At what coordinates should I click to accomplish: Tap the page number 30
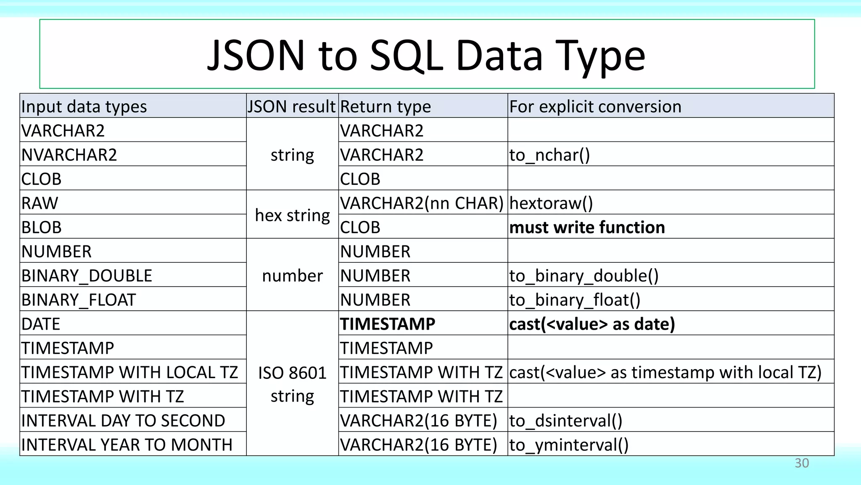[x=801, y=463]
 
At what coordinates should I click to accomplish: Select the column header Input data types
[x=84, y=107]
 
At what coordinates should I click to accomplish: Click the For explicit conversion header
[x=595, y=107]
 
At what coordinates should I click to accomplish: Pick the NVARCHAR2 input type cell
[x=69, y=155]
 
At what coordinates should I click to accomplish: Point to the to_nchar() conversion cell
[x=549, y=155]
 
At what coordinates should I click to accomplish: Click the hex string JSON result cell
[x=292, y=215]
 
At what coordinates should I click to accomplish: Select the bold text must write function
[x=587, y=227]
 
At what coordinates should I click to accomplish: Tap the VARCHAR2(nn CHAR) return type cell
[x=422, y=203]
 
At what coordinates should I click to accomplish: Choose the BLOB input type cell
[x=42, y=227]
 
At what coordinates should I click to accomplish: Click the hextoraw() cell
[x=551, y=203]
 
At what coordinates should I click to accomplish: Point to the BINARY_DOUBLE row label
[x=87, y=276]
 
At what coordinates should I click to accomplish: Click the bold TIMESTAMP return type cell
[x=388, y=324]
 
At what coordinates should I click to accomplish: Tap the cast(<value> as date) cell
[x=592, y=324]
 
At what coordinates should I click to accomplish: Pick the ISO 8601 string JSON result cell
[x=292, y=384]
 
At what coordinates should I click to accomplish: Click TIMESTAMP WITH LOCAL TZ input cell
[x=129, y=373]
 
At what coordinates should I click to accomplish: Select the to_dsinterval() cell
[x=565, y=421]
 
